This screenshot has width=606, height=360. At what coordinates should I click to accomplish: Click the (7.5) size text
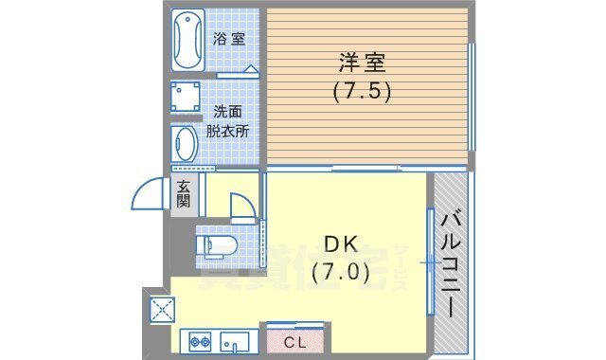click(x=361, y=93)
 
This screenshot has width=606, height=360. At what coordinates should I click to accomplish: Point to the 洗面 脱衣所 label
click(x=230, y=121)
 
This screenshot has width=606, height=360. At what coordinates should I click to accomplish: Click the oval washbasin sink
click(x=187, y=144)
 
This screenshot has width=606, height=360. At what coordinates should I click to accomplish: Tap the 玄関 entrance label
click(x=184, y=194)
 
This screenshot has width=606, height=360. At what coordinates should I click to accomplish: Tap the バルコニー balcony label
click(x=450, y=265)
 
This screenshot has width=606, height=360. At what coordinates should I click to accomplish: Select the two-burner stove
click(x=200, y=340)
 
